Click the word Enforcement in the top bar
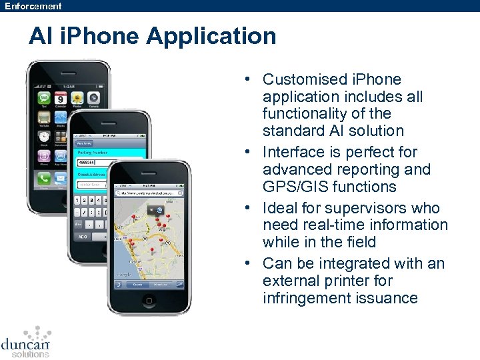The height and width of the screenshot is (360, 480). pos(33,6)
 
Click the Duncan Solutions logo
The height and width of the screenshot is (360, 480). pos(26,341)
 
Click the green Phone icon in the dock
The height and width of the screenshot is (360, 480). pos(45,179)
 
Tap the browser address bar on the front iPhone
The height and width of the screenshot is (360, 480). pos(148,193)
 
